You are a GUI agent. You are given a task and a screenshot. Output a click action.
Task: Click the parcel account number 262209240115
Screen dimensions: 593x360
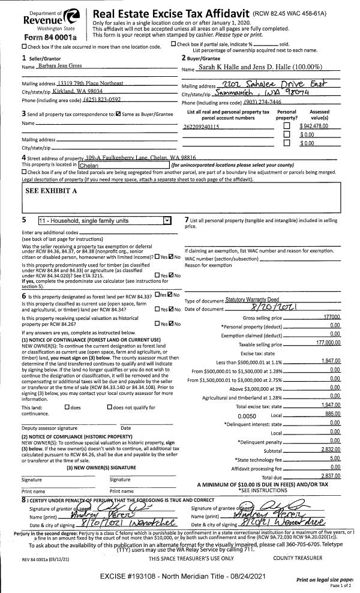point(201,127)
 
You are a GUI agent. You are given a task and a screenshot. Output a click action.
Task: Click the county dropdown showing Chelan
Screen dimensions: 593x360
point(123,164)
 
